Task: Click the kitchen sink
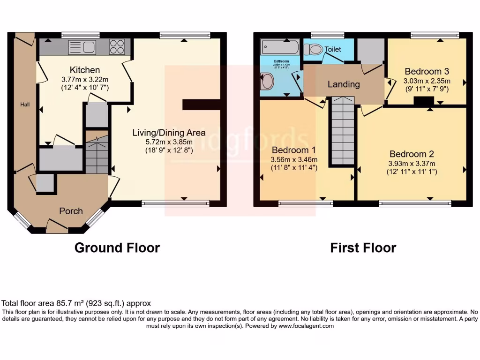pos(82,46)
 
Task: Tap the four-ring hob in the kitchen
pos(117,46)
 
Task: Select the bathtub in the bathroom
pos(279,47)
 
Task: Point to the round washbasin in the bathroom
pos(267,81)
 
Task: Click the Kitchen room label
pos(85,70)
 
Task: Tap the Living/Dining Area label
pos(169,133)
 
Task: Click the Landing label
pos(344,84)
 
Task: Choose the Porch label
pos(71,211)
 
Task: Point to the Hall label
pos(25,105)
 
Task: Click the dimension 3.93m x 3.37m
pos(412,164)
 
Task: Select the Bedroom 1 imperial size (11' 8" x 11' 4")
pos(294,167)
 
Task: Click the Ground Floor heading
pos(117,247)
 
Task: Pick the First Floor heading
pos(363,247)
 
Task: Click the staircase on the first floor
pos(342,131)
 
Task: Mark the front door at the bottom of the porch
pos(57,227)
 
